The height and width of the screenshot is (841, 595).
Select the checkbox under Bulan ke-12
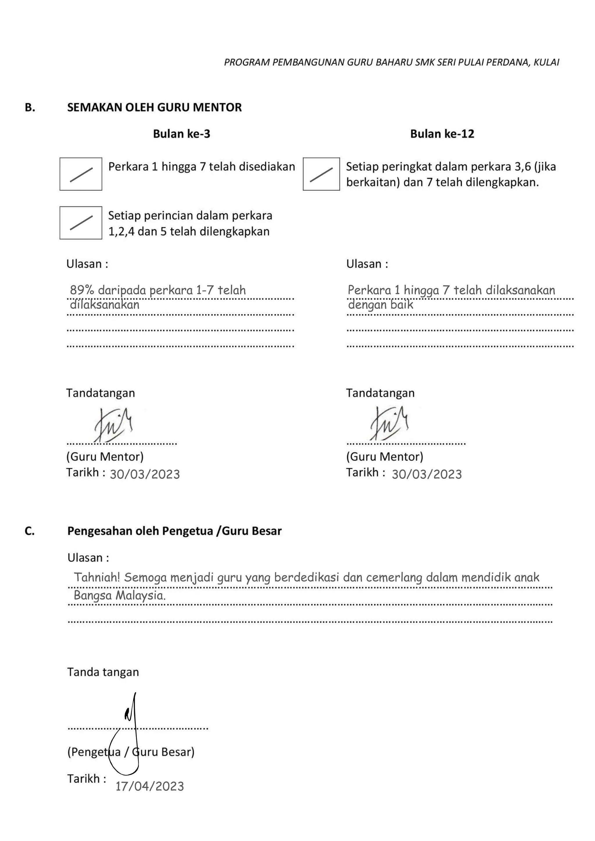click(x=321, y=174)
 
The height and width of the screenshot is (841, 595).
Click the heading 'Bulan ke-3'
click(x=181, y=134)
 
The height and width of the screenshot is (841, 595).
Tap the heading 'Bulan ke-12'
click(x=442, y=134)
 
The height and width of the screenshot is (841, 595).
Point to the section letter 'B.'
click(x=30, y=108)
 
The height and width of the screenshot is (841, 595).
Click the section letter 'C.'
click(x=30, y=531)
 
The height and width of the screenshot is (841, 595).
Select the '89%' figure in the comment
click(x=82, y=290)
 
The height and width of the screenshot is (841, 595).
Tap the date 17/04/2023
click(x=150, y=786)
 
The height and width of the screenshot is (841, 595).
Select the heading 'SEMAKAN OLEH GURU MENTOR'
click(x=154, y=108)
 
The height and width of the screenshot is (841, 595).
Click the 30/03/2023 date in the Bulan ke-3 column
click(x=145, y=474)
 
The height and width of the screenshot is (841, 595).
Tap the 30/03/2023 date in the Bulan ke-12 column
click(x=426, y=474)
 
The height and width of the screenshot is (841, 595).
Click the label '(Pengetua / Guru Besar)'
click(x=130, y=752)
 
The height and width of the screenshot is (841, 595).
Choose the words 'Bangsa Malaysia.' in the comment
click(x=119, y=596)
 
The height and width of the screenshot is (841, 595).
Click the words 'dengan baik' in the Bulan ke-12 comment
click(x=380, y=305)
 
